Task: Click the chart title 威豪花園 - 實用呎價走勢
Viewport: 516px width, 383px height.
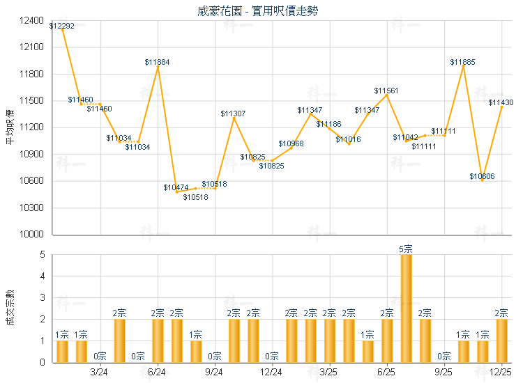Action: pyautogui.click(x=258, y=10)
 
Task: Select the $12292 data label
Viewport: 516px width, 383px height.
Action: pyautogui.click(x=62, y=26)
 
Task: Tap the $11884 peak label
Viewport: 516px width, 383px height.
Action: pyautogui.click(x=157, y=62)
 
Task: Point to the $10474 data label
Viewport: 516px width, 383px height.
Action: pyautogui.click(x=176, y=187)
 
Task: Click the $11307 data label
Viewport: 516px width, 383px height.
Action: pyautogui.click(x=233, y=114)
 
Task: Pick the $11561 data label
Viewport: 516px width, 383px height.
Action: pyautogui.click(x=386, y=91)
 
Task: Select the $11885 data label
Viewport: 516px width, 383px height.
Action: pyautogui.click(x=462, y=62)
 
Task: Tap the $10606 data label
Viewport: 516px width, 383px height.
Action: pyautogui.click(x=482, y=176)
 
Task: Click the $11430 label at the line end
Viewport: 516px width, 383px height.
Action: pyautogui.click(x=501, y=102)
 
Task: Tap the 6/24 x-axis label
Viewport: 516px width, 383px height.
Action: pyautogui.click(x=157, y=373)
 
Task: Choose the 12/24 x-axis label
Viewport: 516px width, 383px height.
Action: pyautogui.click(x=271, y=373)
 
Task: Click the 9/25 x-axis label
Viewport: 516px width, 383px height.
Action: pyautogui.click(x=443, y=373)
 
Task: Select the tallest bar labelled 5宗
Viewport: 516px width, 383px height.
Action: pyautogui.click(x=406, y=308)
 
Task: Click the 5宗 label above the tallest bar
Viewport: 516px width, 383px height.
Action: pyautogui.click(x=406, y=249)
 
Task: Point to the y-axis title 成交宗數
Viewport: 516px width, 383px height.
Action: pyautogui.click(x=10, y=308)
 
